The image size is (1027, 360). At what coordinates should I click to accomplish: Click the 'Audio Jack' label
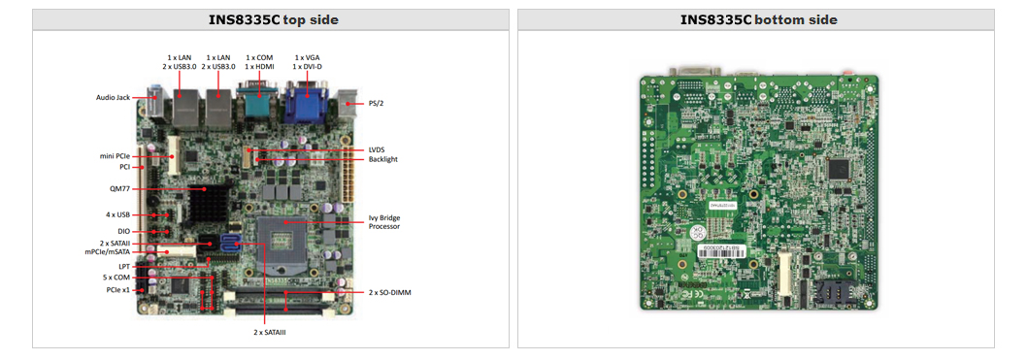pyautogui.click(x=113, y=97)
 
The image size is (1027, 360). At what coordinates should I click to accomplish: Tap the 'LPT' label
pyautogui.click(x=123, y=266)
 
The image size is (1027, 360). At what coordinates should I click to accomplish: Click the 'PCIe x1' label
pyautogui.click(x=118, y=289)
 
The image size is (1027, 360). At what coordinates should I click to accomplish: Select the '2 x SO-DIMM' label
pyautogui.click(x=390, y=292)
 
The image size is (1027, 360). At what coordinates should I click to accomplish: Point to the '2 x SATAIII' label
pyautogui.click(x=269, y=332)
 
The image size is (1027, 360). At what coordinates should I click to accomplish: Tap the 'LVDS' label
pyautogui.click(x=378, y=149)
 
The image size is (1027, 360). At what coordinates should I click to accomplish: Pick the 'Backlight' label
pyautogui.click(x=382, y=158)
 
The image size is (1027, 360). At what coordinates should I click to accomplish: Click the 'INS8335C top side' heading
pyautogui.click(x=269, y=19)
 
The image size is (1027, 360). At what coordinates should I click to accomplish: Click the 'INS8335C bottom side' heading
pyautogui.click(x=758, y=19)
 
